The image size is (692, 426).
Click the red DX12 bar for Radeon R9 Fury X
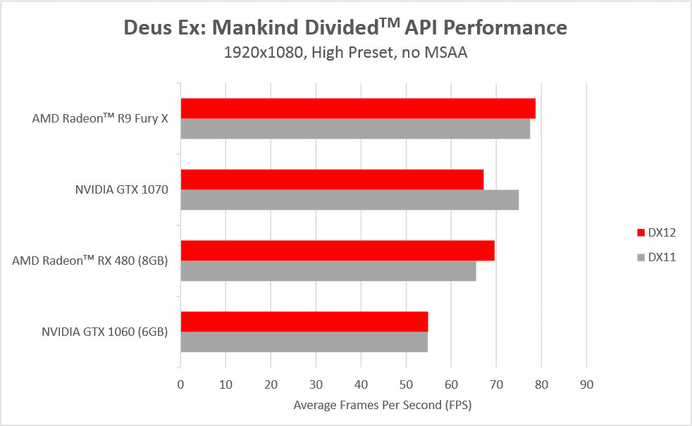(358, 108)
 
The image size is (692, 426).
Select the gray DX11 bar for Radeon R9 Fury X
(355, 129)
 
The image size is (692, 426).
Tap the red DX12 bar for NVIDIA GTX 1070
(332, 180)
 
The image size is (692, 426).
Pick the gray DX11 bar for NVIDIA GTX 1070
(350, 200)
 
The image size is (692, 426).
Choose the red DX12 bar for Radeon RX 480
(338, 251)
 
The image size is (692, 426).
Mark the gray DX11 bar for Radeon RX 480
(328, 271)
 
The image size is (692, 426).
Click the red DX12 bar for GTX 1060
(304, 322)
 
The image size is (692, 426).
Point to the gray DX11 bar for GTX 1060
(304, 342)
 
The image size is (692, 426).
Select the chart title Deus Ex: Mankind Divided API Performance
(345, 28)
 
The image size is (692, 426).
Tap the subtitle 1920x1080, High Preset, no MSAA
(345, 53)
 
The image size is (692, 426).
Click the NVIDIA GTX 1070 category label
(121, 189)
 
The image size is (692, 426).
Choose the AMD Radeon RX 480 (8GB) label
(89, 261)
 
